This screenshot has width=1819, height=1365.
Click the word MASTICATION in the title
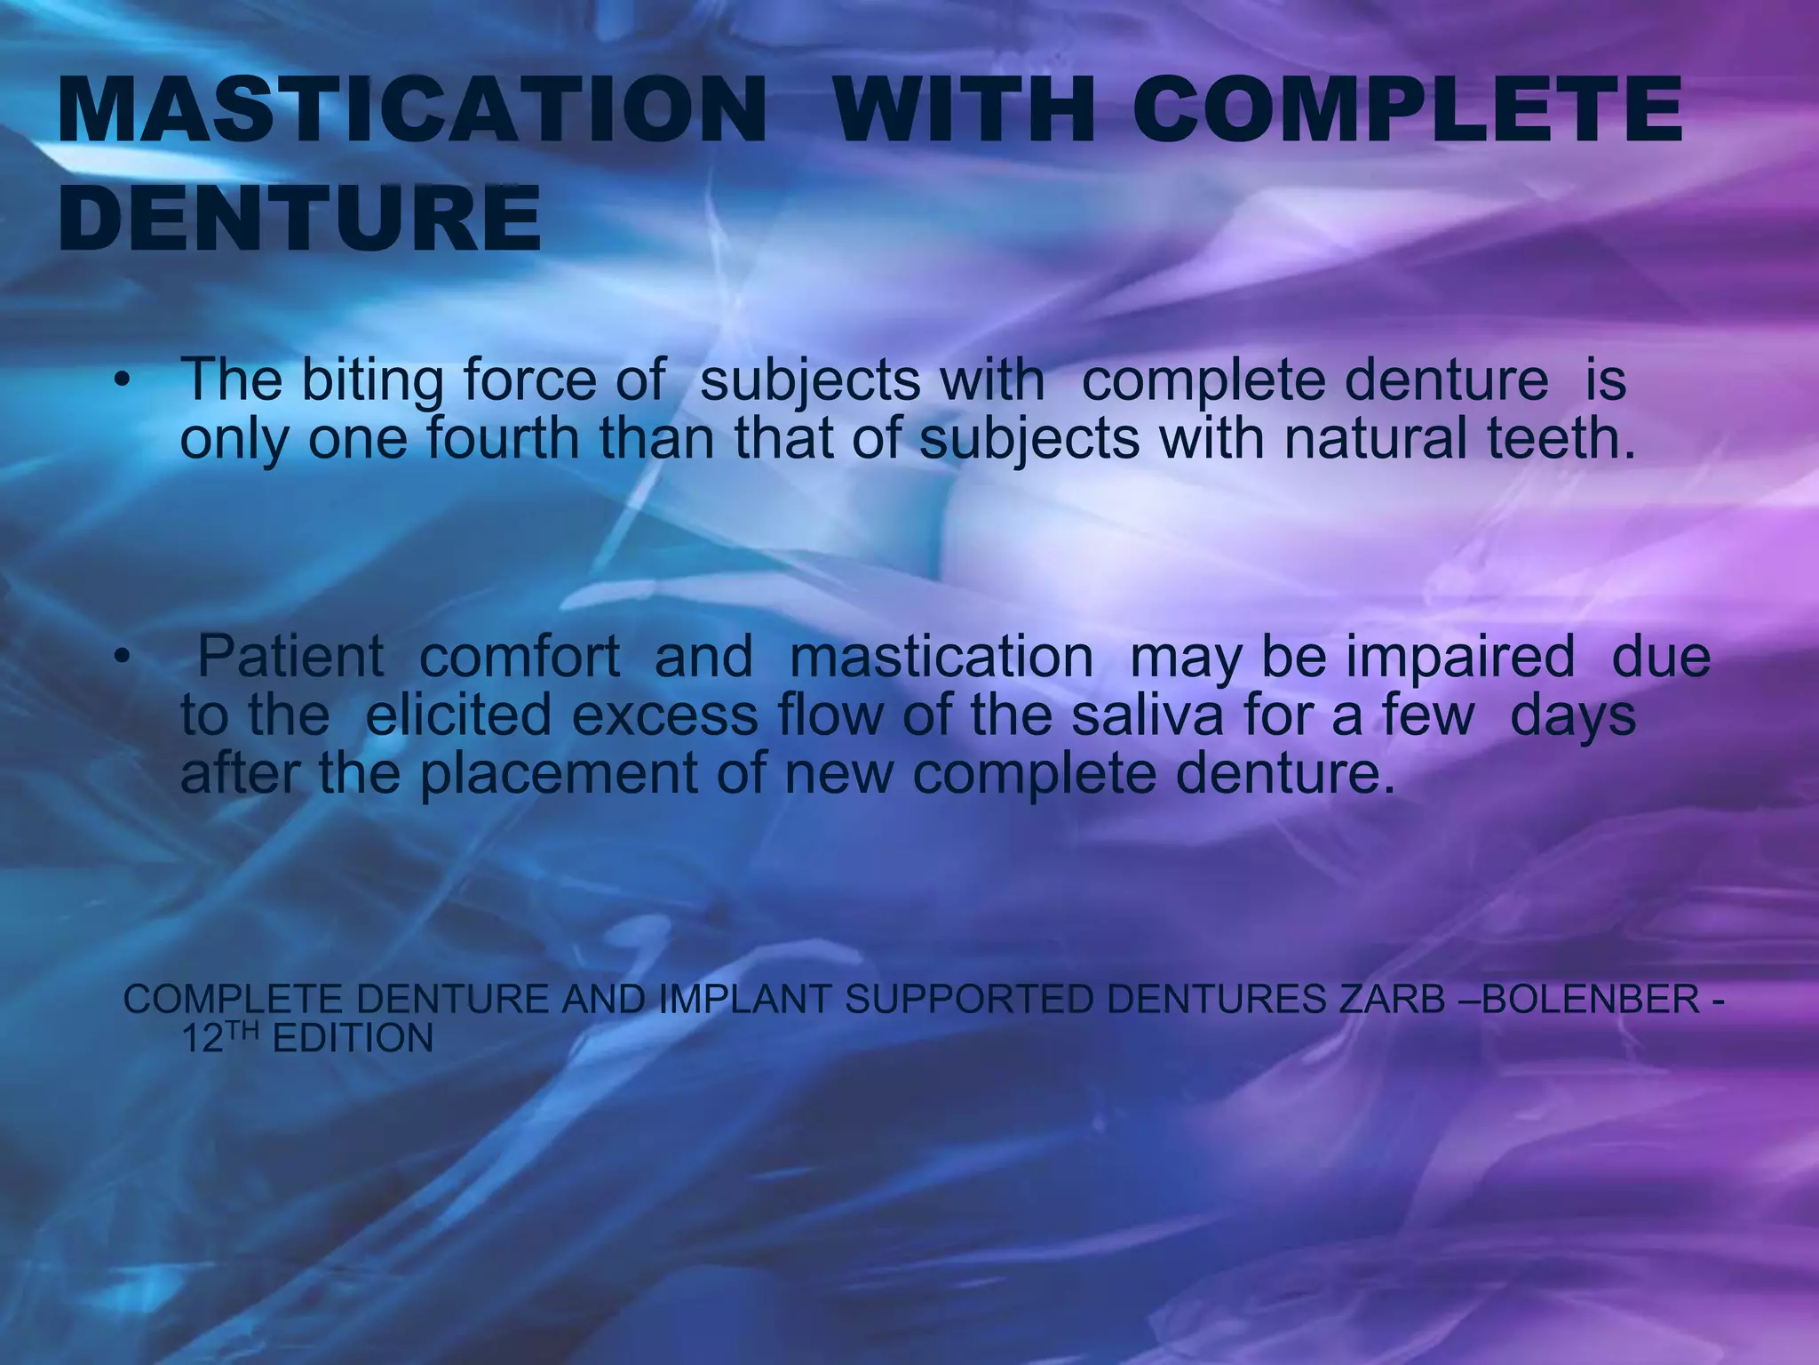[411, 110]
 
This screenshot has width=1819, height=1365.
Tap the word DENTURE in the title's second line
[299, 219]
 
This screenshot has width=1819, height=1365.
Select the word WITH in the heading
[965, 110]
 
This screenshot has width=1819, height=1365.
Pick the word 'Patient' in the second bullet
[290, 657]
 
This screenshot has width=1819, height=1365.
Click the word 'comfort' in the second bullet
[519, 657]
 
